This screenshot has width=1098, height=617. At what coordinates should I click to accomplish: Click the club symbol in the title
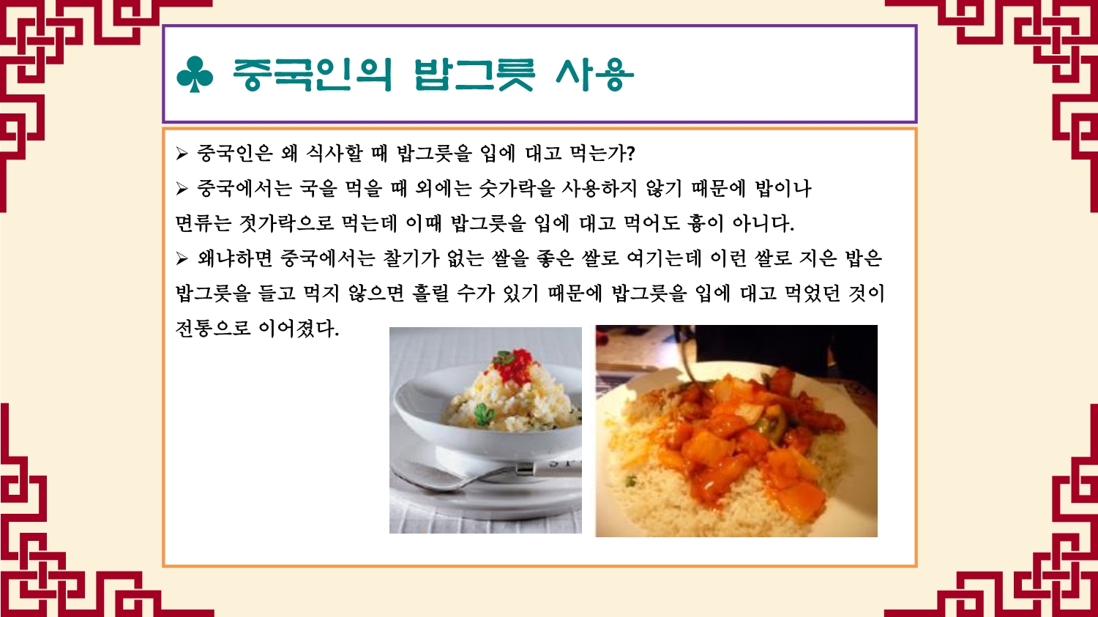(x=195, y=75)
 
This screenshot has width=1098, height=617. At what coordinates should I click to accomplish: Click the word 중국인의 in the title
(x=313, y=75)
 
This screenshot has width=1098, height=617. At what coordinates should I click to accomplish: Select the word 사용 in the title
(x=594, y=75)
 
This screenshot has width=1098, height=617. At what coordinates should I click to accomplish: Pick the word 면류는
(x=203, y=223)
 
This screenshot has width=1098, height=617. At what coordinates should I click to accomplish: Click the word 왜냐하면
(x=235, y=258)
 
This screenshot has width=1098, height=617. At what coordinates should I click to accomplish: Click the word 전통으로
(x=213, y=328)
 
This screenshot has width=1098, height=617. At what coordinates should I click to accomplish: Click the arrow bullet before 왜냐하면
(x=182, y=258)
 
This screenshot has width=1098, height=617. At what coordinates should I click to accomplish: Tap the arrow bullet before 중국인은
(x=182, y=154)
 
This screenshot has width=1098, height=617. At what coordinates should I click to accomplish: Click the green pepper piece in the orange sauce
(x=772, y=422)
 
